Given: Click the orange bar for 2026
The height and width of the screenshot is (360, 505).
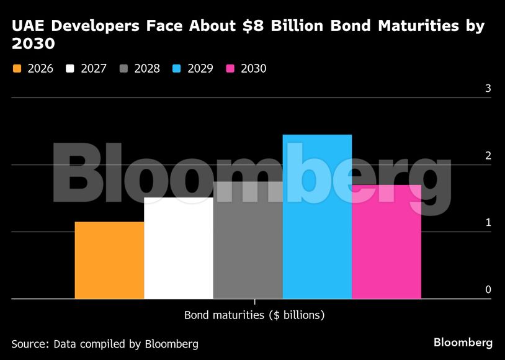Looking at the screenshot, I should tap(109, 260).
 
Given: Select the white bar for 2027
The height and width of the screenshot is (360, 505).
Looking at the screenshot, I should tap(179, 248).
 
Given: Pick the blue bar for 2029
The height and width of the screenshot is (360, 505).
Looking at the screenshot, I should tap(317, 217).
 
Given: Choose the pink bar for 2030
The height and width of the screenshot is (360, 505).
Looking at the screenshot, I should tap(387, 242).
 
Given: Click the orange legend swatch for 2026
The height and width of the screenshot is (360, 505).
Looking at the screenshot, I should tap(17, 69).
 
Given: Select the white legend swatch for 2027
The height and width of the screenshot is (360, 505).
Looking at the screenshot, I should tap(70, 69).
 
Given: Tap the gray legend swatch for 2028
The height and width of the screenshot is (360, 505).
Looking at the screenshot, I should tap(123, 69).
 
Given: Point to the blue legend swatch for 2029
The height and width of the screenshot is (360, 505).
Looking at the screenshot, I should tap(177, 69).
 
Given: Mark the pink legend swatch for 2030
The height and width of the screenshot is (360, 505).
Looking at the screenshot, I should tap(230, 69).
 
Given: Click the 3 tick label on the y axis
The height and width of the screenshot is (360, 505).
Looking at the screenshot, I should tap(488, 88).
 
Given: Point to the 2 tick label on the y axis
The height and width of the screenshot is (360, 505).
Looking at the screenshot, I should tap(488, 155).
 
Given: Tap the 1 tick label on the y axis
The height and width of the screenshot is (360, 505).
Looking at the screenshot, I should tap(488, 222).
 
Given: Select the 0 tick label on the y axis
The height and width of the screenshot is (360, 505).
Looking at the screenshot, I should tap(488, 289).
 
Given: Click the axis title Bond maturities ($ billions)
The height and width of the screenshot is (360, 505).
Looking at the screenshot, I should tap(254, 315).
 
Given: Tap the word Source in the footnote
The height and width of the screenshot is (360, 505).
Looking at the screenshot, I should tap(30, 344).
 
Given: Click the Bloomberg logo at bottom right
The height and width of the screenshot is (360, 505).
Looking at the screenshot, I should tap(463, 343).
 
